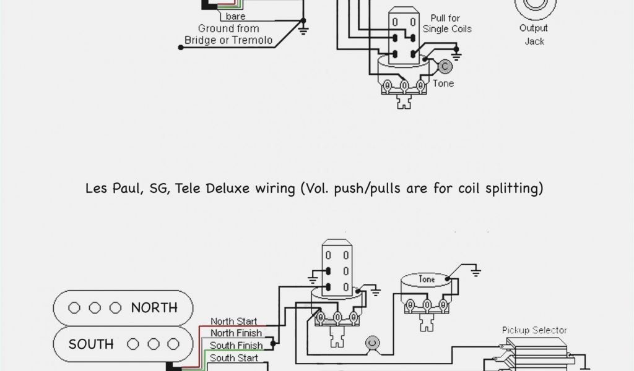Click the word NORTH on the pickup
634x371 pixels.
(154, 307)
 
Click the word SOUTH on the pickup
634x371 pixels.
(91, 344)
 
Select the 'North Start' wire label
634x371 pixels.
(233, 322)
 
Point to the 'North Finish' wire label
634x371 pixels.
(235, 333)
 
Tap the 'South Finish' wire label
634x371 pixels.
(236, 345)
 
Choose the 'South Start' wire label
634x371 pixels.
(233, 357)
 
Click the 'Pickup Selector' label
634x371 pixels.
(534, 330)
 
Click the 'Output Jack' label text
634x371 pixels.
(534, 35)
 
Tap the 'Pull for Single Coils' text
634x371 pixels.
(447, 23)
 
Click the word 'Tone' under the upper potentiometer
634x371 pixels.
(443, 83)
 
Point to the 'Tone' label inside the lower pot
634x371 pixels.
(427, 279)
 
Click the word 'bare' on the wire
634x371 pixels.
(235, 16)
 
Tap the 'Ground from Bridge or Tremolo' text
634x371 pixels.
(228, 35)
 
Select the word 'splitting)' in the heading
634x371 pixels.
(513, 188)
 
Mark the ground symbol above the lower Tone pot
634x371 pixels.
(475, 270)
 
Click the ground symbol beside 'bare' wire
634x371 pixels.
(303, 28)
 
